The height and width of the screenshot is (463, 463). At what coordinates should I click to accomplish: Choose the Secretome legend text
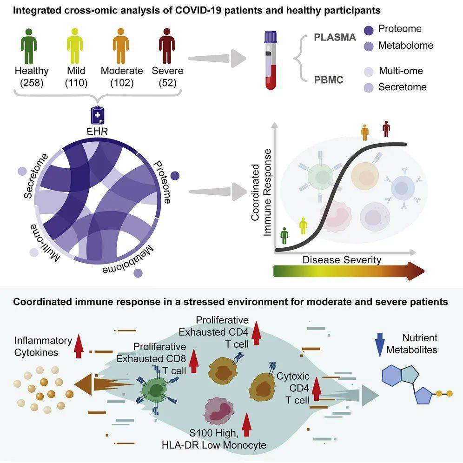pyautogui.click(x=402, y=87)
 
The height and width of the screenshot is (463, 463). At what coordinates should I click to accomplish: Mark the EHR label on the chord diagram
pyautogui.click(x=97, y=132)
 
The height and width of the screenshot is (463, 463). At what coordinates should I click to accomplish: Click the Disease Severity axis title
pyautogui.click(x=342, y=260)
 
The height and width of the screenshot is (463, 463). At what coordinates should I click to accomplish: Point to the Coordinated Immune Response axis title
pyautogui.click(x=261, y=195)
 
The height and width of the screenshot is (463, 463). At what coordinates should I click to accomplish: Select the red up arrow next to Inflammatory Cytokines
pyautogui.click(x=78, y=346)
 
